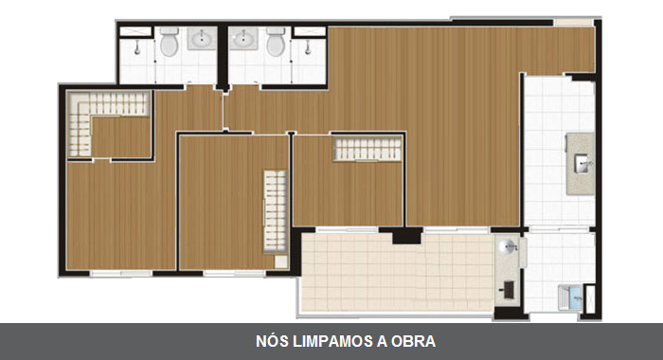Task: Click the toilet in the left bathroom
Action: click(170, 42)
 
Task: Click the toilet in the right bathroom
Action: click(276, 42)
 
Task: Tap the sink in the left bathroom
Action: click(203, 40)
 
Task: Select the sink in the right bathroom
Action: click(243, 40)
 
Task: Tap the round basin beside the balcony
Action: click(510, 249)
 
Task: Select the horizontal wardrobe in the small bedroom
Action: click(367, 149)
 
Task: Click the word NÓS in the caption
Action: click(271, 341)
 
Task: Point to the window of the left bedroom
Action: click(121, 273)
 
